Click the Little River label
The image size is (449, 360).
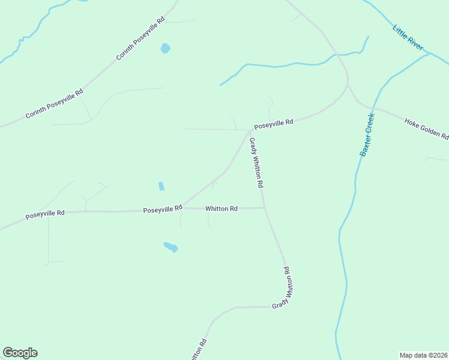[x=408, y=37]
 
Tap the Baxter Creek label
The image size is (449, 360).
[x=367, y=134]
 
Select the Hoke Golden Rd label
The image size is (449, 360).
[x=426, y=128]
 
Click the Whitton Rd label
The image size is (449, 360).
[x=221, y=209]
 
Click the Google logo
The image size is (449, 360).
[x=20, y=353]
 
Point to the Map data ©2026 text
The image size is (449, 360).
[x=423, y=355]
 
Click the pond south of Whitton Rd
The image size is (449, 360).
[x=170, y=247]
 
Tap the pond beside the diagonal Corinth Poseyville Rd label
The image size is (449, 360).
[x=165, y=48]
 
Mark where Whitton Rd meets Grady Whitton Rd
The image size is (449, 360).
[x=265, y=208]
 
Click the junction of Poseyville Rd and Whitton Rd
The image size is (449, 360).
[x=183, y=208]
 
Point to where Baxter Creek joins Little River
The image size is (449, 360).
[x=429, y=54]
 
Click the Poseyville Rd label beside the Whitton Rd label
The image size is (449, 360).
[x=163, y=209]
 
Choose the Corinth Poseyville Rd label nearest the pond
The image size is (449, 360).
[x=140, y=38]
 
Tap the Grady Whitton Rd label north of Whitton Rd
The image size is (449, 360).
[x=256, y=163]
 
